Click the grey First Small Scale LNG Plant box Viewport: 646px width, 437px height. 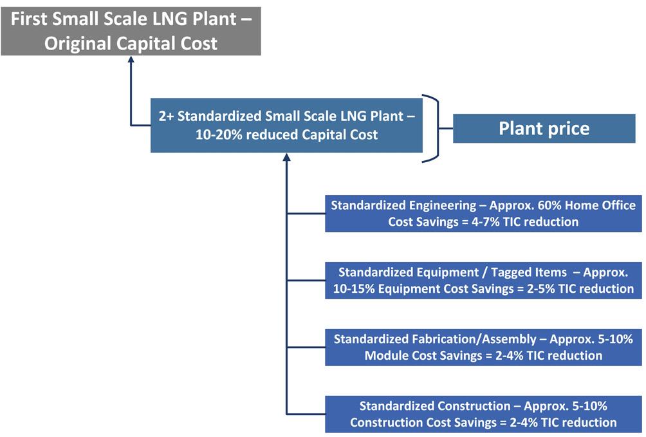point(131,28)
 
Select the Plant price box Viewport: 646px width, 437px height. point(544,128)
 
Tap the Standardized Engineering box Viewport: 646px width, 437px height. point(483,213)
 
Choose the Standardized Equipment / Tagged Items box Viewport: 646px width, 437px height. point(483,279)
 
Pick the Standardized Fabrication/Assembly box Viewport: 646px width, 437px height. point(483,346)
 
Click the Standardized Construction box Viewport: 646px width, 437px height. point(483,414)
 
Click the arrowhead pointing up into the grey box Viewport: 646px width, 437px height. point(131,60)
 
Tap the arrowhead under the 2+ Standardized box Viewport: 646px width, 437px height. point(286,158)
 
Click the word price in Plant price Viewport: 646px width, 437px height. point(567,128)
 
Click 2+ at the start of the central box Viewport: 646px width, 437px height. point(167,118)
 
